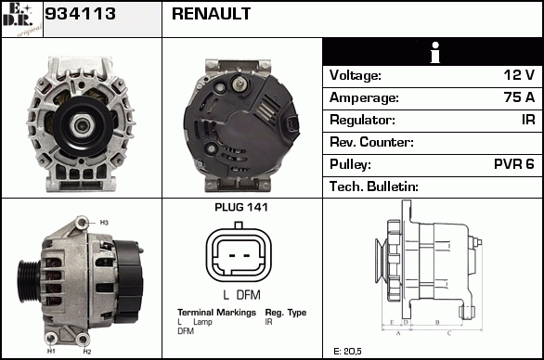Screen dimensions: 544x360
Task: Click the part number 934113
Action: tap(80, 14)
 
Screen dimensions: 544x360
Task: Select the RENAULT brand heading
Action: tap(211, 14)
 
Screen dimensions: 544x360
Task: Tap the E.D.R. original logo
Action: tap(21, 19)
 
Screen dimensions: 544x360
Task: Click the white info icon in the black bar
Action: tap(435, 52)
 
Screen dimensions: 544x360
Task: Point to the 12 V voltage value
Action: tap(519, 75)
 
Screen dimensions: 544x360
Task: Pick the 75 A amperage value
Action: tap(519, 97)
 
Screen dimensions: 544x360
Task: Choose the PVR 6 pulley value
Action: tap(513, 164)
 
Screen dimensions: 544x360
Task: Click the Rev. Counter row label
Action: tap(371, 142)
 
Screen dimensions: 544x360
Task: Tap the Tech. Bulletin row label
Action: tap(374, 186)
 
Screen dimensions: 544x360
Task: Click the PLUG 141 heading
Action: tap(241, 207)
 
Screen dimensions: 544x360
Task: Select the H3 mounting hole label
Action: tap(104, 223)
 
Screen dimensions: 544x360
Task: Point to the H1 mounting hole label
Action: tap(51, 352)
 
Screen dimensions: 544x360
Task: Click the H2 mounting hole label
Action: tap(87, 352)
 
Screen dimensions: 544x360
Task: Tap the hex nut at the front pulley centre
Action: tap(81, 125)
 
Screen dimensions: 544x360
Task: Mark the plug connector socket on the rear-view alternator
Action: tap(291, 125)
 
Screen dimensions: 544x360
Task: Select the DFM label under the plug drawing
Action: tap(249, 295)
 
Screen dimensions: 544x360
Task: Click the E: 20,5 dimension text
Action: tap(347, 352)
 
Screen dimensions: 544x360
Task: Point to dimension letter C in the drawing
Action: tap(449, 334)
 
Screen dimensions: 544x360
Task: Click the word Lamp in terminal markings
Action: tap(202, 322)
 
